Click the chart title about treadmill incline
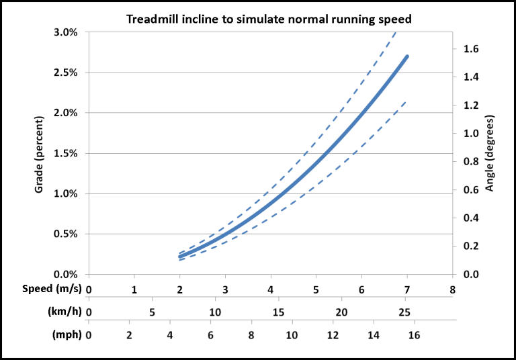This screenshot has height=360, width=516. pos(269,19)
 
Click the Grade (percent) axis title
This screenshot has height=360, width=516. pos(40,154)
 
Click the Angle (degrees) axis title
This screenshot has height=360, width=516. pos(489,154)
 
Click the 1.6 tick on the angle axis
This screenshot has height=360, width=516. pos(471,49)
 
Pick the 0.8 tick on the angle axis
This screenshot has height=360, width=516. pos(471,162)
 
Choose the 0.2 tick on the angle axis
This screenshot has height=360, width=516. pos(471,246)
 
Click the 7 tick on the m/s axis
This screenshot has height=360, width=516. pos(407,289)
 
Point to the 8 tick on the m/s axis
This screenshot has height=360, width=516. pos(452,289)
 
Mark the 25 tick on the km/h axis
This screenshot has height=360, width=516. pos(404,312)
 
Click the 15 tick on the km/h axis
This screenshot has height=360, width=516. pos(278,312)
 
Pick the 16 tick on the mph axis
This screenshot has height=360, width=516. pos(414,335)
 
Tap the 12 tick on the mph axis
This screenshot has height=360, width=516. pos(333,335)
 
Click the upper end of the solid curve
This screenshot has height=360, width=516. pos(406,57)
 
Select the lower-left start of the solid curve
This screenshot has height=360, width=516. pos(180,257)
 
